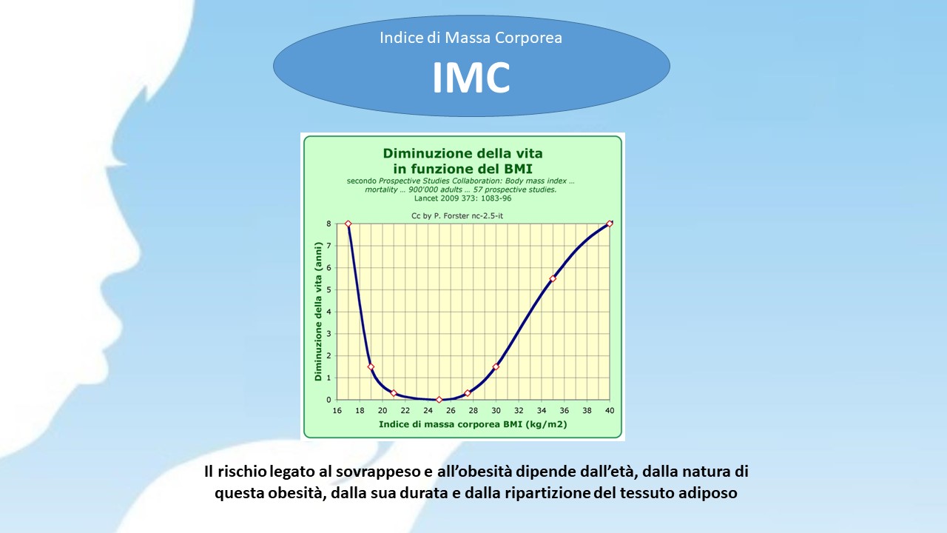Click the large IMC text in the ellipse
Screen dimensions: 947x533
(x=471, y=78)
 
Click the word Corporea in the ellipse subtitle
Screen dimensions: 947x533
(x=528, y=38)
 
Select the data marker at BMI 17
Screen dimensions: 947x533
(x=348, y=224)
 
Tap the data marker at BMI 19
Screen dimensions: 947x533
(x=371, y=366)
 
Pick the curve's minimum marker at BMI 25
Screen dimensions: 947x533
(x=439, y=400)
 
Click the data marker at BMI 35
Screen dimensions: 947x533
(x=553, y=279)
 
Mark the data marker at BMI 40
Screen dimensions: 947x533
(x=610, y=224)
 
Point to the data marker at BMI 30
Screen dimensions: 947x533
(x=496, y=366)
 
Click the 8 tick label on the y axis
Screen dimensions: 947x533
(x=328, y=224)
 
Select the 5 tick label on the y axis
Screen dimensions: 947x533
(x=328, y=289)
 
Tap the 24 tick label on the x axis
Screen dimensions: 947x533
(x=428, y=410)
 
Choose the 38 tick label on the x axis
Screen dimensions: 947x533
(x=587, y=410)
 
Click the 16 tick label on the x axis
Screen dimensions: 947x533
(x=337, y=410)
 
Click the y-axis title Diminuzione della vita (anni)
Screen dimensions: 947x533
(x=318, y=312)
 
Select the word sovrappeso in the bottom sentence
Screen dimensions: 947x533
(x=378, y=472)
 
